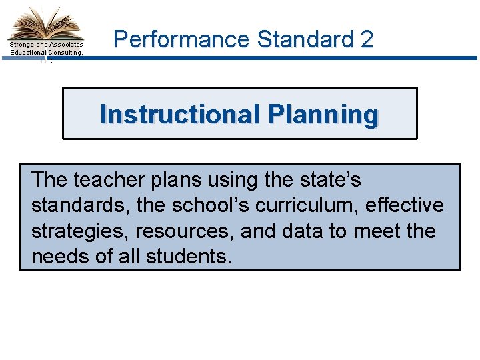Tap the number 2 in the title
pos(366,40)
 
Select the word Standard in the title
pos(306,40)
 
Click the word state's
pos(331,180)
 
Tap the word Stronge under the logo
pos(23,45)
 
